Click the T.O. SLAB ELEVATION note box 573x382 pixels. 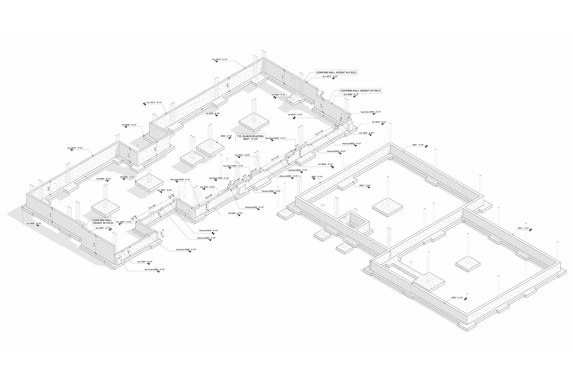pos(251,137)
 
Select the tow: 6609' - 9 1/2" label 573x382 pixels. pos(351,94)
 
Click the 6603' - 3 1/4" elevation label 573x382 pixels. pos(365,185)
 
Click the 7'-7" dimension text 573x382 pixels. pos(297,145)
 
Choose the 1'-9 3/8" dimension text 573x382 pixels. pos(171,196)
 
